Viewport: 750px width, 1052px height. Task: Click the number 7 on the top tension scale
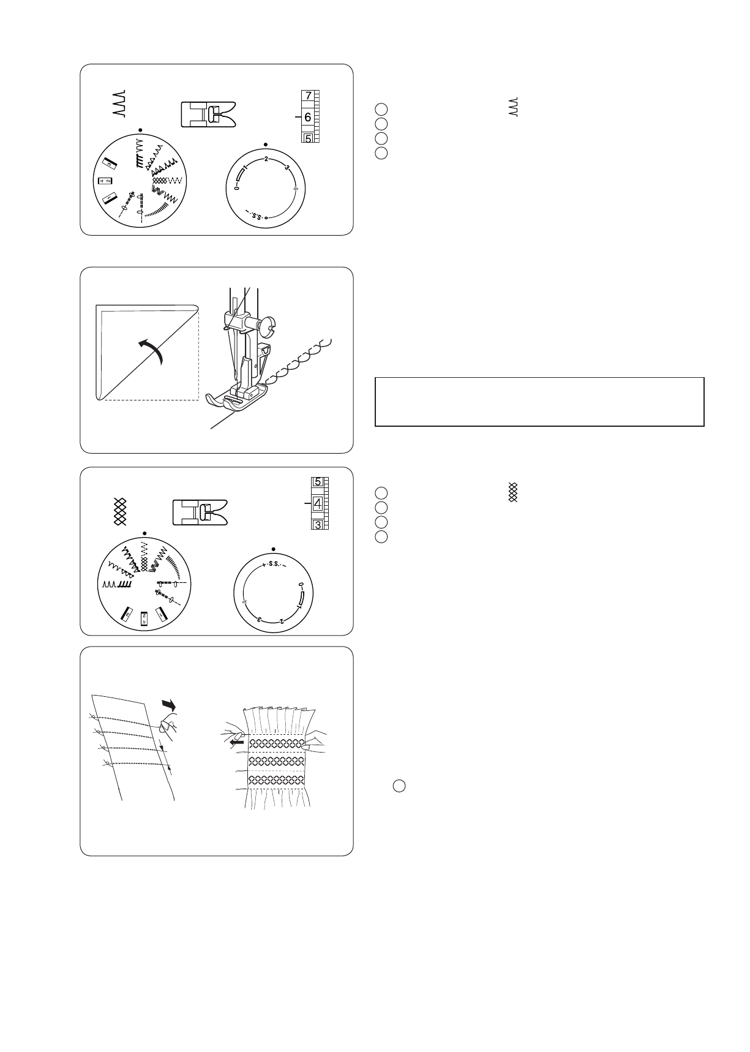click(x=308, y=96)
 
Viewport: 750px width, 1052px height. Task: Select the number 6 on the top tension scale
click(x=307, y=117)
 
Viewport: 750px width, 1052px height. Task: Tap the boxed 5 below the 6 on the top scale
click(x=308, y=138)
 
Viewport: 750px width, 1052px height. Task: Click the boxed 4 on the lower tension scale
click(x=317, y=504)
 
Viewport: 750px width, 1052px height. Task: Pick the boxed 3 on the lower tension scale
click(x=318, y=524)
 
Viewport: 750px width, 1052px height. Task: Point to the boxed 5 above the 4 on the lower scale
click(x=317, y=482)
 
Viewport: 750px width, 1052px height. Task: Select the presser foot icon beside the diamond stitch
click(x=199, y=513)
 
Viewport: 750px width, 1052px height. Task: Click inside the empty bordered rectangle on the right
click(x=539, y=402)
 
